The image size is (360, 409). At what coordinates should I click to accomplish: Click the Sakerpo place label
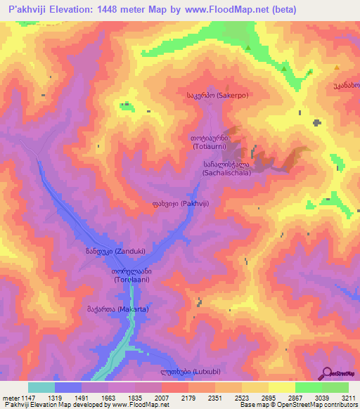point(217,94)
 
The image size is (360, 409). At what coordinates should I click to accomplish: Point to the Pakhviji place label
point(176,204)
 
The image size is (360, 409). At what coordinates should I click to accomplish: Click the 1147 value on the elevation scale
point(28,397)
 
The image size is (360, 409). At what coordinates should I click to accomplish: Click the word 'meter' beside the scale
point(10,397)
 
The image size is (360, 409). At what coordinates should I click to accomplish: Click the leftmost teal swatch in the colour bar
point(41,387)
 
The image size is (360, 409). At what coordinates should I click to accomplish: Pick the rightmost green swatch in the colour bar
point(335,387)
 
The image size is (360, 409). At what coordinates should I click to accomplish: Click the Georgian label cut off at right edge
point(346,85)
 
